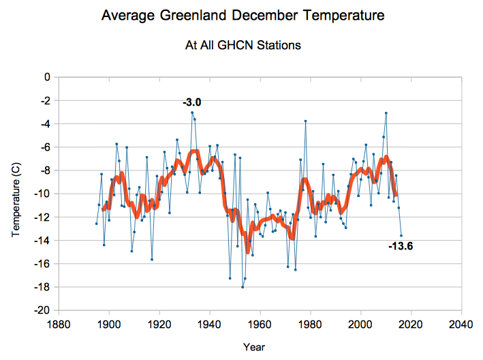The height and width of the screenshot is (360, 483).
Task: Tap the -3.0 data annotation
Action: (192, 102)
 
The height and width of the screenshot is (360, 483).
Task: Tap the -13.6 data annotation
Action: (400, 246)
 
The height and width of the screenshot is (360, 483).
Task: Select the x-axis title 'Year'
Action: (250, 347)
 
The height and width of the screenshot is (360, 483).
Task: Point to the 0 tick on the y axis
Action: (48, 77)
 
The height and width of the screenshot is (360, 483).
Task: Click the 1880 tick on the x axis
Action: (58, 323)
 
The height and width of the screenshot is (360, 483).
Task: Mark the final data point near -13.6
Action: (401, 235)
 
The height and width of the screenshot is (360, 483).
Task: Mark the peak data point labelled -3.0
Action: (192, 112)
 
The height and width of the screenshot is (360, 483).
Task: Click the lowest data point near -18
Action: (243, 287)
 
